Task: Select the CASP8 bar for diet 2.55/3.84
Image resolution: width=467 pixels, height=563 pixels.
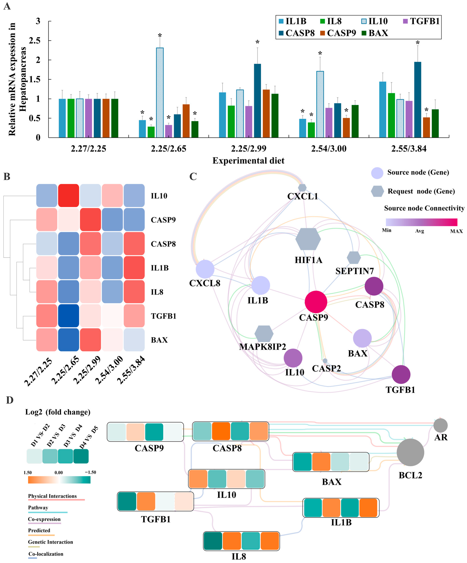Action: pos(417,100)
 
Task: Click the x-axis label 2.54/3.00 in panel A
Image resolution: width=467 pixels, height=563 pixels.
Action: pos(329,149)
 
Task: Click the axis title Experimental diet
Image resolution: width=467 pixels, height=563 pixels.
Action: pos(248,161)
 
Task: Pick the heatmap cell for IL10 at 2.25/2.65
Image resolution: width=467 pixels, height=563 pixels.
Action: pos(69,195)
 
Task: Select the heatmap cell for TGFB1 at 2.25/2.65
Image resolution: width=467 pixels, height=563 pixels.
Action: pos(69,316)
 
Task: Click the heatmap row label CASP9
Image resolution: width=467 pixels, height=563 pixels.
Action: pos(163,220)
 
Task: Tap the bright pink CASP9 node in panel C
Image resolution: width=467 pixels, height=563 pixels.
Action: pos(316,302)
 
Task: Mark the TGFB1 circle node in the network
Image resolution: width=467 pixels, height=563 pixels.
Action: pos(401,374)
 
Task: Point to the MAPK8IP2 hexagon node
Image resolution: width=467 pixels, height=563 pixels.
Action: pos(264,333)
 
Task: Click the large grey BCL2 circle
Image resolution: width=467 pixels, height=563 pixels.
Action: pos(410,452)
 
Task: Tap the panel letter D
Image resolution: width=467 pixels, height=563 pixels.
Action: pos(10,400)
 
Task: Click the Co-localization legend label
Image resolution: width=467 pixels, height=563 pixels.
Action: pos(46,554)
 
